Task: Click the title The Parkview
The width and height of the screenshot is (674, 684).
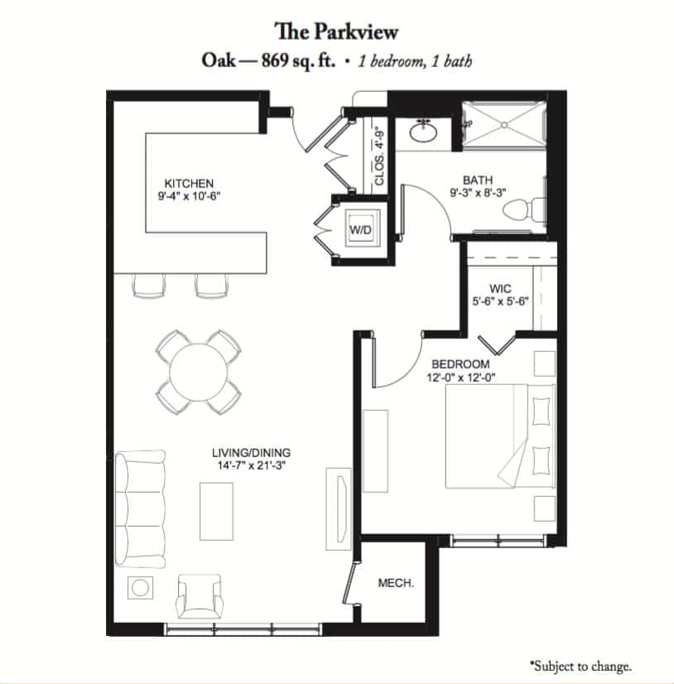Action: click(x=336, y=31)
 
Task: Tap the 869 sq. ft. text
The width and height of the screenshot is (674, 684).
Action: click(x=298, y=60)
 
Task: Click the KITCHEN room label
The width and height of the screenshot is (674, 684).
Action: click(x=189, y=183)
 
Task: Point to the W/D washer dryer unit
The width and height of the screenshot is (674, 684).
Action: click(x=361, y=229)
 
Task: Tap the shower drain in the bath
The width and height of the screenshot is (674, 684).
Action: click(x=504, y=125)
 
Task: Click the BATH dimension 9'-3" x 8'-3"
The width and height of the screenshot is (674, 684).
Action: click(x=478, y=192)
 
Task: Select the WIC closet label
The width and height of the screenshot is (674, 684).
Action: click(x=500, y=288)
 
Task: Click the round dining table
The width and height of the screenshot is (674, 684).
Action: click(x=199, y=372)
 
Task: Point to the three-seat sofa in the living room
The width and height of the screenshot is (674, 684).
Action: click(x=141, y=509)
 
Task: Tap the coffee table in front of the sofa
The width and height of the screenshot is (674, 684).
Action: click(x=216, y=511)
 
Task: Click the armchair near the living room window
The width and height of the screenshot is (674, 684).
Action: click(x=200, y=596)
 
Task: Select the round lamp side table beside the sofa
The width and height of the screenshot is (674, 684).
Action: click(x=140, y=588)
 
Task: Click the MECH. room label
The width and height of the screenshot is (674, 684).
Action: click(x=396, y=583)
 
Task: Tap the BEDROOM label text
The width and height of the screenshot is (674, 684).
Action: click(x=460, y=364)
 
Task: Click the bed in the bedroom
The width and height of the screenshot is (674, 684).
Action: click(x=500, y=436)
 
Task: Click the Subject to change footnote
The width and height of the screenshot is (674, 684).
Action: click(x=580, y=666)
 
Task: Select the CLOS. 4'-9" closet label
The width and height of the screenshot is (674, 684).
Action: click(x=379, y=157)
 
